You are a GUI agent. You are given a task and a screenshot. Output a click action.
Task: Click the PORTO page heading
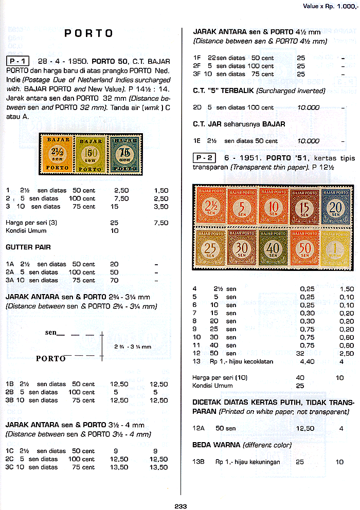[88, 33]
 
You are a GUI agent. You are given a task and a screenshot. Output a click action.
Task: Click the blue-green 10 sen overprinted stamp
[123, 153]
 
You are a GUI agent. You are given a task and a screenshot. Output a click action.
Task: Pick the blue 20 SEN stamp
[337, 206]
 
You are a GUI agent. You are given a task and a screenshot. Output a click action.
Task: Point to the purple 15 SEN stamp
[305, 206]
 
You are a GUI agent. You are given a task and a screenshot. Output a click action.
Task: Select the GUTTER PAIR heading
[28, 247]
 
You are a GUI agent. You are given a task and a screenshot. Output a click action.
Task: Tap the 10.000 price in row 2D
[308, 107]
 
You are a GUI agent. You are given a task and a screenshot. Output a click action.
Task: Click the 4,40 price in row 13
[307, 362]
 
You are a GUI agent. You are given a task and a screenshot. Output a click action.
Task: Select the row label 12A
[199, 428]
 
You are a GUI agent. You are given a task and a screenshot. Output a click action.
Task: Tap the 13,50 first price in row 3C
[119, 467]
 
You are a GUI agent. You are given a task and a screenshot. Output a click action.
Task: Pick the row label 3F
[197, 74]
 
